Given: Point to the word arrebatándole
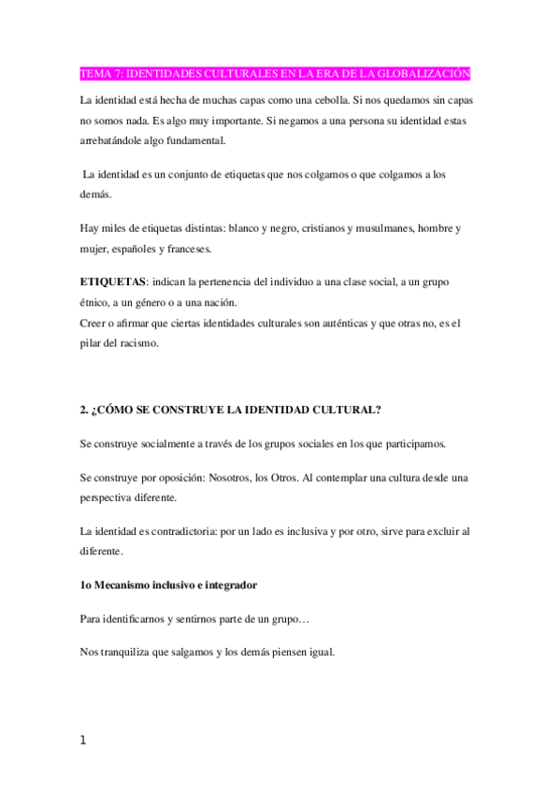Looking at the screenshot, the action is (113, 141).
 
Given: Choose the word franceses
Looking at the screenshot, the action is (186, 249).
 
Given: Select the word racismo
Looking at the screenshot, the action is (140, 344).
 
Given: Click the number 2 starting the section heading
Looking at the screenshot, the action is (84, 410).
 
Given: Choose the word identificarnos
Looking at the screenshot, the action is (141, 618).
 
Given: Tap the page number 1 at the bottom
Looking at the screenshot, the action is (83, 741).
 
